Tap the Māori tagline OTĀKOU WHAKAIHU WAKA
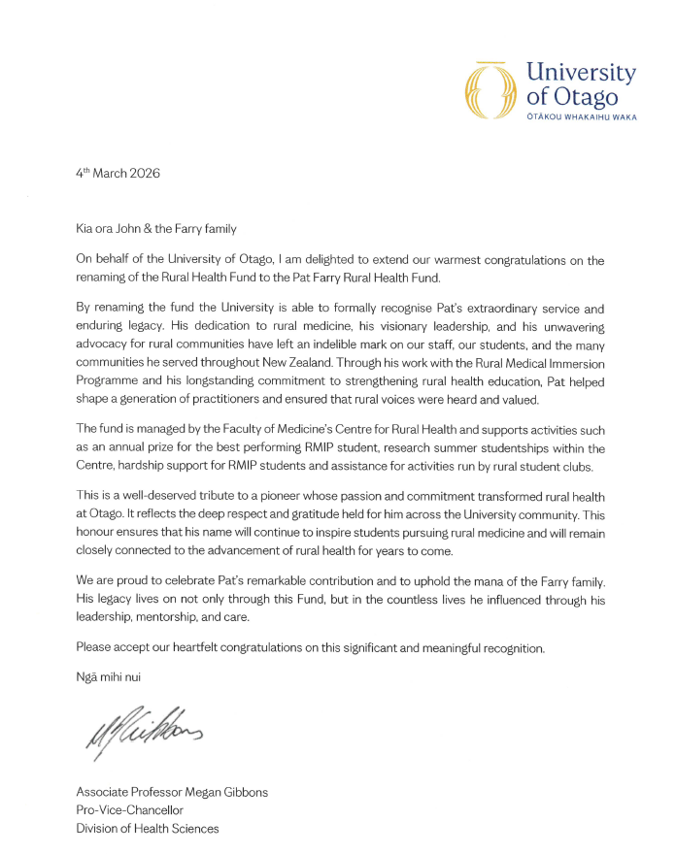(581, 117)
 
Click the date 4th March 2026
(118, 175)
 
